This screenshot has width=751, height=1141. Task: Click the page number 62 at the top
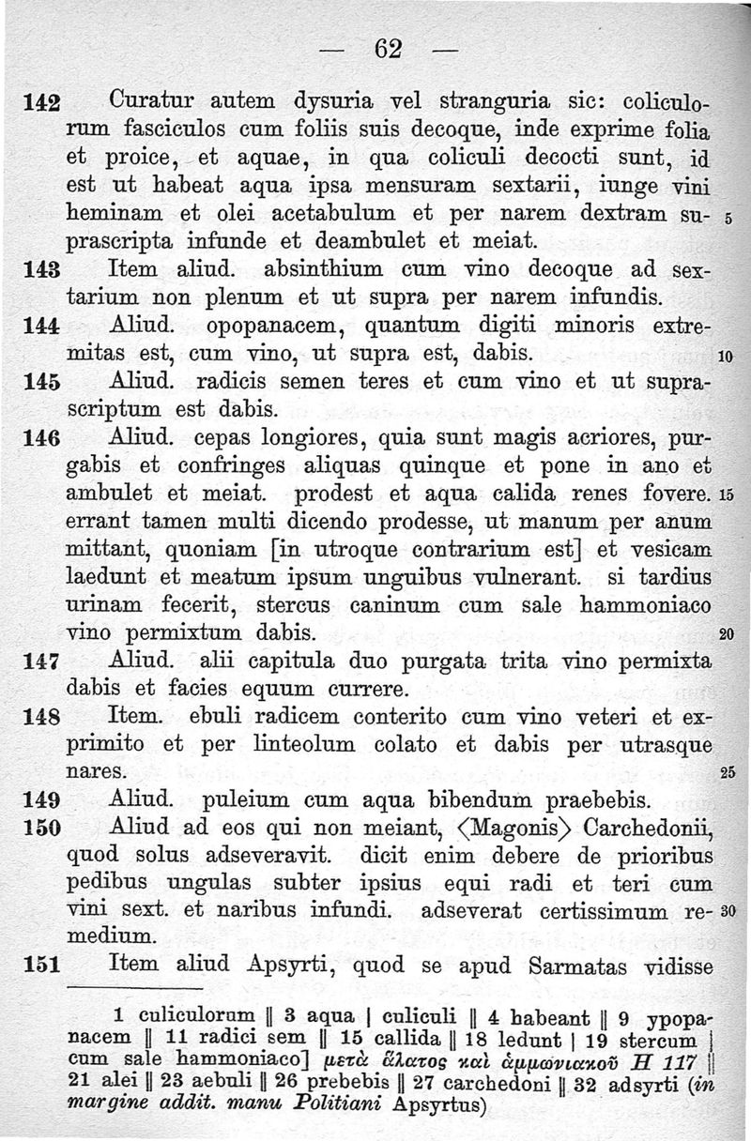click(389, 48)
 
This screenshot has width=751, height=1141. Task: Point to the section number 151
click(41, 966)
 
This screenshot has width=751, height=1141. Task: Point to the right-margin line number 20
click(726, 635)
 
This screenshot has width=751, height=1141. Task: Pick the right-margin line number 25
click(726, 774)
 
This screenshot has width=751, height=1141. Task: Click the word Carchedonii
click(650, 829)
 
